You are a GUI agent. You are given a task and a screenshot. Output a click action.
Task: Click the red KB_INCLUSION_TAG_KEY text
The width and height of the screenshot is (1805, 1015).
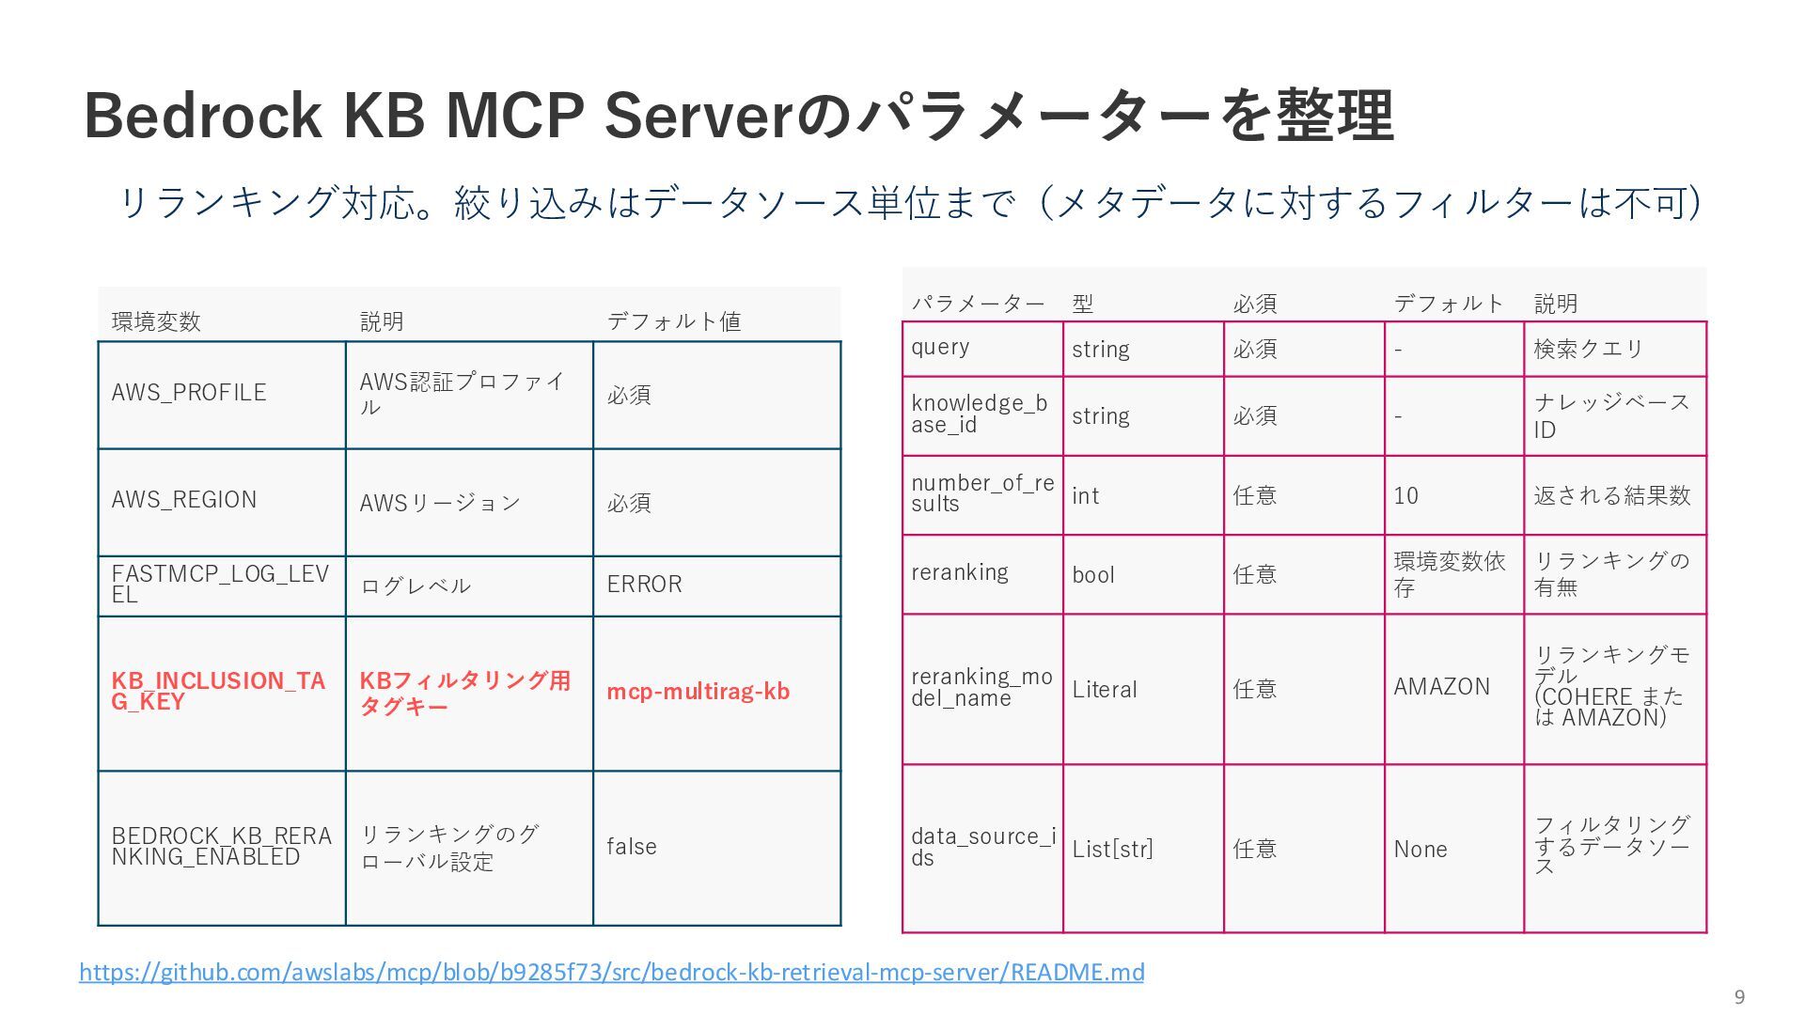[218, 691]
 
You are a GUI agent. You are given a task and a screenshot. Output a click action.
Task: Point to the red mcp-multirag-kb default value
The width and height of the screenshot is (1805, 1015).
[698, 692]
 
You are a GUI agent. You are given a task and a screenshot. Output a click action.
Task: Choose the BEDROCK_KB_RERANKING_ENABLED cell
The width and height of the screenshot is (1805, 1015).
[221, 847]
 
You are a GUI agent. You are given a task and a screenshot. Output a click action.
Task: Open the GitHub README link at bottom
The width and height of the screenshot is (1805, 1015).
[611, 972]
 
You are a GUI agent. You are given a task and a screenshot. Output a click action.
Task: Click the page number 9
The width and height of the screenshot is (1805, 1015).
[1739, 997]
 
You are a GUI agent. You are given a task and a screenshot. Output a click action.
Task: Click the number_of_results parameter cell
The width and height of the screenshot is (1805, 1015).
[981, 493]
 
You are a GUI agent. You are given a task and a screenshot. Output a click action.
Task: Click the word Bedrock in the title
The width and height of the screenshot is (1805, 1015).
[203, 117]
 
